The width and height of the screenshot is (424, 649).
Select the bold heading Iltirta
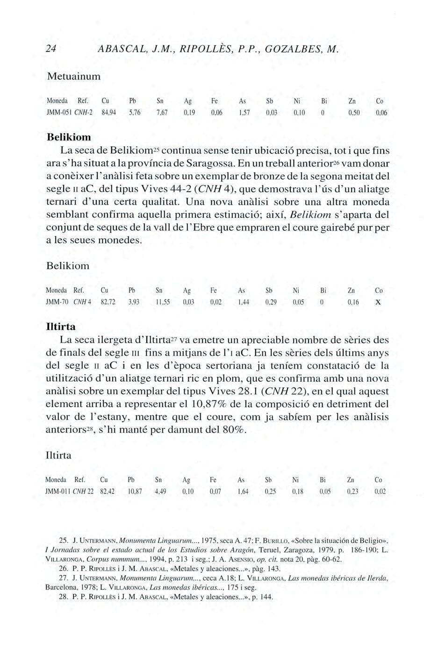pyautogui.click(x=60, y=325)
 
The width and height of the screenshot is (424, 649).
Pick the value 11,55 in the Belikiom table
pyautogui.click(x=163, y=302)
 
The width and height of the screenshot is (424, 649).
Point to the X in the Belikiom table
pyautogui.click(x=378, y=302)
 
